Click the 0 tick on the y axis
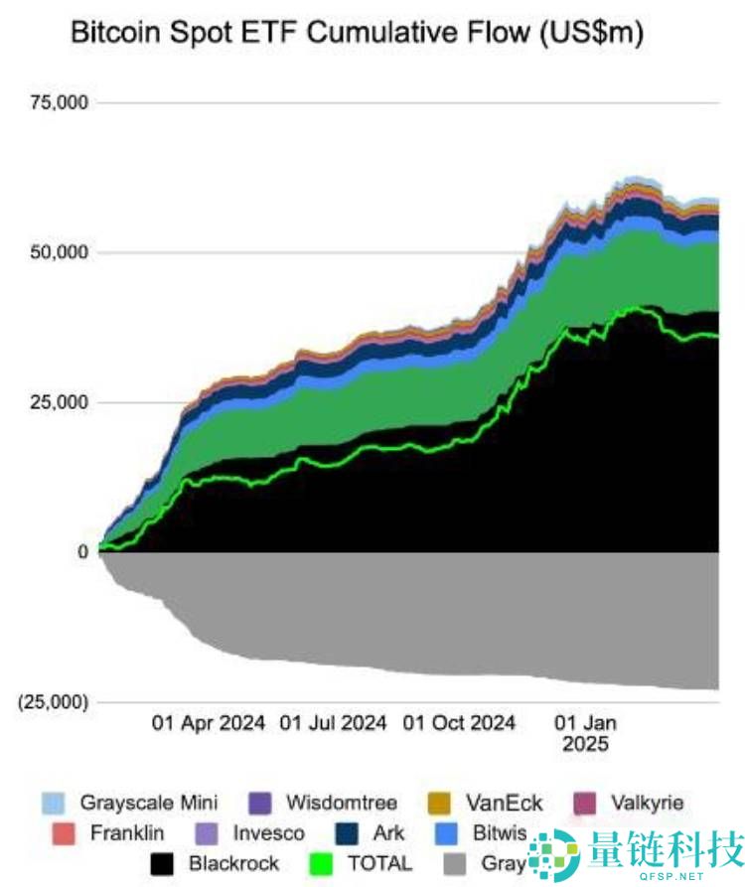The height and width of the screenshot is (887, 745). pyautogui.click(x=82, y=552)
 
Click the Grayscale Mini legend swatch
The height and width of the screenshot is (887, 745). pyautogui.click(x=55, y=803)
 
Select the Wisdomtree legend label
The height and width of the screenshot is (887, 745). pyautogui.click(x=341, y=803)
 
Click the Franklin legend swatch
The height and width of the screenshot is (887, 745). pyautogui.click(x=63, y=833)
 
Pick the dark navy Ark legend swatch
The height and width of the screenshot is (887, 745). pyautogui.click(x=347, y=833)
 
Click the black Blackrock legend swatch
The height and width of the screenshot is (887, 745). pyautogui.click(x=163, y=863)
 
